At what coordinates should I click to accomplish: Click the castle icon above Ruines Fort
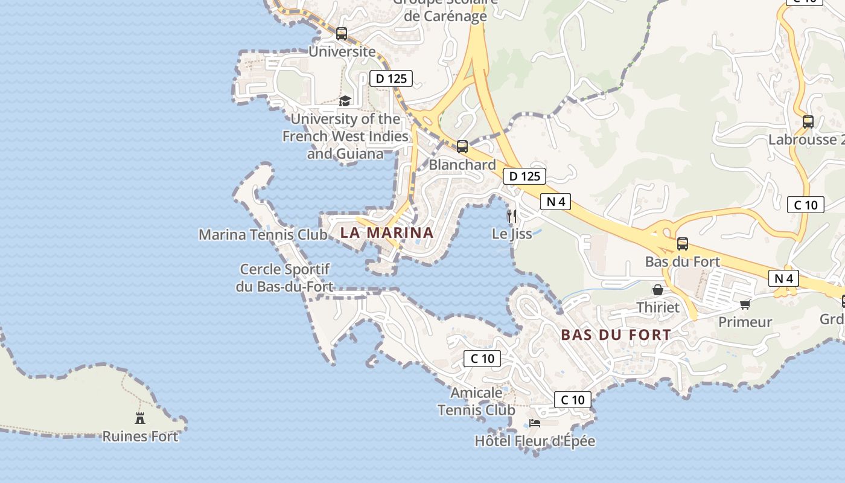tap(140, 417)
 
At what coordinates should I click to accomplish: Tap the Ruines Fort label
tap(140, 436)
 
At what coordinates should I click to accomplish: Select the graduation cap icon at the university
tap(345, 101)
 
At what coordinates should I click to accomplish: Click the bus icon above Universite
tap(342, 34)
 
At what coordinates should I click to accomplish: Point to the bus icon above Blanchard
tap(462, 146)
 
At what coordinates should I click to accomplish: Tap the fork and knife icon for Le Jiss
tap(512, 216)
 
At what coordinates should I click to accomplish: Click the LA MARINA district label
tap(387, 232)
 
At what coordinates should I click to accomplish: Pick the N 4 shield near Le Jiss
tap(555, 202)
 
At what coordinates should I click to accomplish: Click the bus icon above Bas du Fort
tap(683, 244)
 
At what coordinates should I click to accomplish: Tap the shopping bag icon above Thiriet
tap(658, 290)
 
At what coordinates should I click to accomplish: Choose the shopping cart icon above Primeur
tap(745, 304)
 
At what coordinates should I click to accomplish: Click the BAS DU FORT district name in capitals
tap(616, 334)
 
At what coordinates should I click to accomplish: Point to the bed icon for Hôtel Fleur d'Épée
tap(535, 423)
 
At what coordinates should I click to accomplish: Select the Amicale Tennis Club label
tap(476, 401)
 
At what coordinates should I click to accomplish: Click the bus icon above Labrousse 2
tap(808, 121)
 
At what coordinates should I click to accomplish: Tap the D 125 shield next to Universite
tap(391, 78)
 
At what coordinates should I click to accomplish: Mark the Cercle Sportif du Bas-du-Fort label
tap(284, 278)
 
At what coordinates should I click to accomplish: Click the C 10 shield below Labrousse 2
tap(806, 205)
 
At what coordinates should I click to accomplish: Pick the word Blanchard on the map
tap(462, 164)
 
